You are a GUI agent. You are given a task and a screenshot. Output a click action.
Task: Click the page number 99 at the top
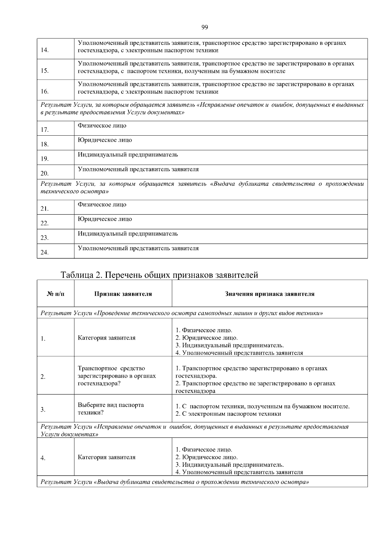pyautogui.click(x=205, y=27)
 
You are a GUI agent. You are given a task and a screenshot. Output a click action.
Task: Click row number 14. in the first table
pyautogui.click(x=45, y=50)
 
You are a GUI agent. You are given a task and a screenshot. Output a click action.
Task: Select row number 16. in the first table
pyautogui.click(x=45, y=92)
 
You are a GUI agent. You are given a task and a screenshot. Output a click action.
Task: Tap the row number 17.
pyautogui.click(x=45, y=130)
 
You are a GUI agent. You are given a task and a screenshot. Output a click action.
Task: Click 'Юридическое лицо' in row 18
pyautogui.click(x=105, y=140)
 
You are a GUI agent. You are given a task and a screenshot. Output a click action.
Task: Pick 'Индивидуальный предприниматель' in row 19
pyautogui.click(x=128, y=155)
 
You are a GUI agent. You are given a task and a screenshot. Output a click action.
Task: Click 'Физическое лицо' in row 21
pyautogui.click(x=102, y=205)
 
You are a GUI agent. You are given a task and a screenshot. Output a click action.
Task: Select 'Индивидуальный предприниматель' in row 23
pyautogui.click(x=128, y=234)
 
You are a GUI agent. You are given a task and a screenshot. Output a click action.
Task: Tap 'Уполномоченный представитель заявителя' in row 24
pyautogui.click(x=138, y=248)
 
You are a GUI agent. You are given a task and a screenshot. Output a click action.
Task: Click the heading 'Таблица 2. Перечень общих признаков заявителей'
pyautogui.click(x=159, y=275)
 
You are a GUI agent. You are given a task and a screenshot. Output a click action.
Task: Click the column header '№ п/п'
pyautogui.click(x=56, y=294)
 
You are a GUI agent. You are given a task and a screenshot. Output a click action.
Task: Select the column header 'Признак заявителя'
pyautogui.click(x=123, y=294)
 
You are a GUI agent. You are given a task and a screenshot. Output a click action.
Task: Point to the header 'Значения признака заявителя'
pyautogui.click(x=270, y=294)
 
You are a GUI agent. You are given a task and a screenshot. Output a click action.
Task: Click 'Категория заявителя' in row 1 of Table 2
pyautogui.click(x=107, y=338)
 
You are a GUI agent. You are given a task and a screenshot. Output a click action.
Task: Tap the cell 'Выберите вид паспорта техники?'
pyautogui.click(x=111, y=409)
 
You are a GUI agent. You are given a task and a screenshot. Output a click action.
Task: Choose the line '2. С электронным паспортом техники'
pyautogui.click(x=228, y=414)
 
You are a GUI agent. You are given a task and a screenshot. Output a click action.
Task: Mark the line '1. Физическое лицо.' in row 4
pyautogui.click(x=204, y=450)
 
